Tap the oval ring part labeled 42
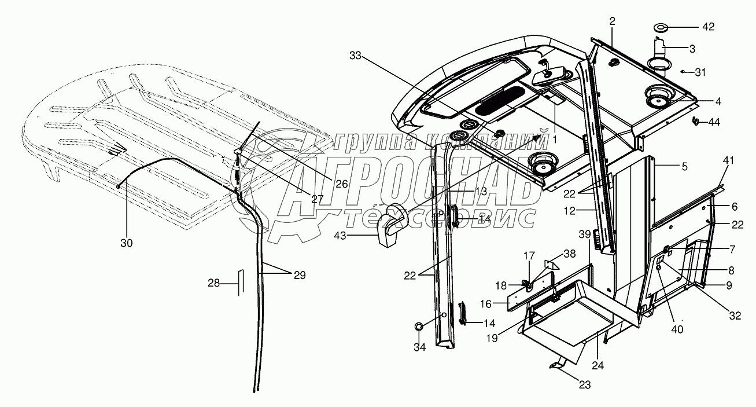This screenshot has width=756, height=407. [x=660, y=27]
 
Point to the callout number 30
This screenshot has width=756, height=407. [x=126, y=243]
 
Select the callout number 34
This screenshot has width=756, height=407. [x=419, y=347]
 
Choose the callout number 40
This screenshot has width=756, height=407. [x=676, y=329]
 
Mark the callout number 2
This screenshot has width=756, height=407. [x=613, y=21]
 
